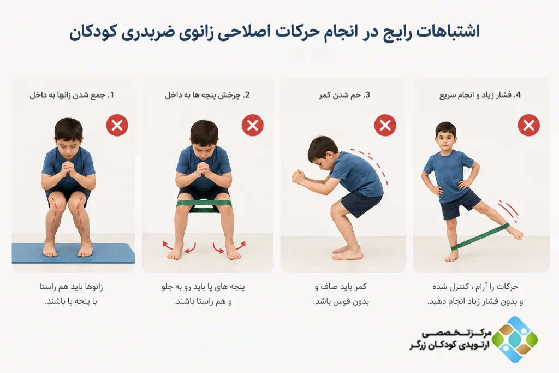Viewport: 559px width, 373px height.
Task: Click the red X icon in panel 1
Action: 117,125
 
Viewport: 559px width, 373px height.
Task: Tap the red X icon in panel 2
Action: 252,125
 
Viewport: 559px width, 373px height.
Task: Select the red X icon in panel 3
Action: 385,125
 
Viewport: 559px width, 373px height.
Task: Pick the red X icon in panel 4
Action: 528,125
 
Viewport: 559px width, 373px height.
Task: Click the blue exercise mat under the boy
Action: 73,254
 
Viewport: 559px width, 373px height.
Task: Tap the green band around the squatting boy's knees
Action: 204,205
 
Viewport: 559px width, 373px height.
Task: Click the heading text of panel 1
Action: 72,95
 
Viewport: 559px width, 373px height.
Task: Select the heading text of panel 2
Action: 207,95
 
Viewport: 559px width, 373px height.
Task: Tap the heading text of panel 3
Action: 344,95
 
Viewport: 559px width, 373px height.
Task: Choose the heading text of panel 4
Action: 480,95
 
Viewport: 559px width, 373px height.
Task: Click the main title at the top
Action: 275,31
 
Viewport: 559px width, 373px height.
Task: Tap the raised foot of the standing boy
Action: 514,233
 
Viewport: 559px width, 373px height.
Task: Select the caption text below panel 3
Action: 341,294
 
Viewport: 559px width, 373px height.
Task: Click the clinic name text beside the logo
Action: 450,340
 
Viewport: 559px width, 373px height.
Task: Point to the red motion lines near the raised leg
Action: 509,210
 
